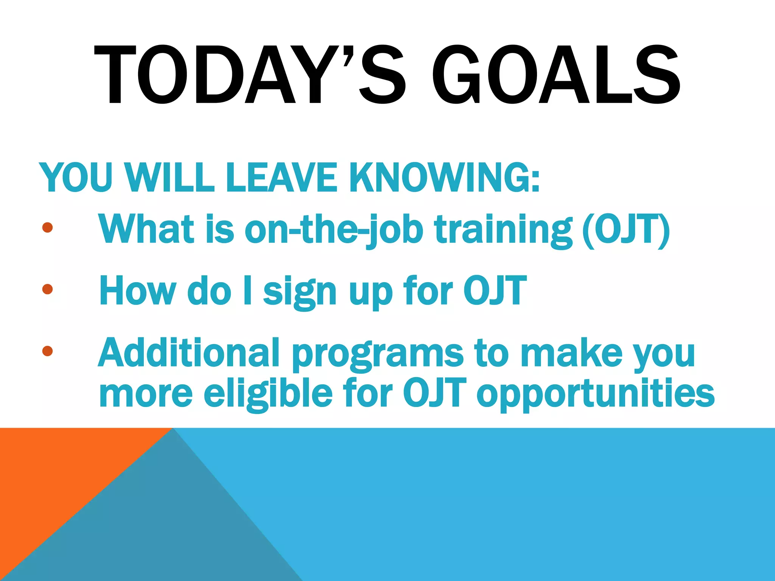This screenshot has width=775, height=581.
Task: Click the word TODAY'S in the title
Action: click(250, 75)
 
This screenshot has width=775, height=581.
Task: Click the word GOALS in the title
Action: click(556, 75)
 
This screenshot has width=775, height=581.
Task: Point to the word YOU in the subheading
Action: click(76, 178)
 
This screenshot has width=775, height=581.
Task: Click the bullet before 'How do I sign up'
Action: click(47, 289)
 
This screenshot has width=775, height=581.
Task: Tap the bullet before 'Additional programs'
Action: click(47, 351)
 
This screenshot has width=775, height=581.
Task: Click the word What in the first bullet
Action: click(146, 229)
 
